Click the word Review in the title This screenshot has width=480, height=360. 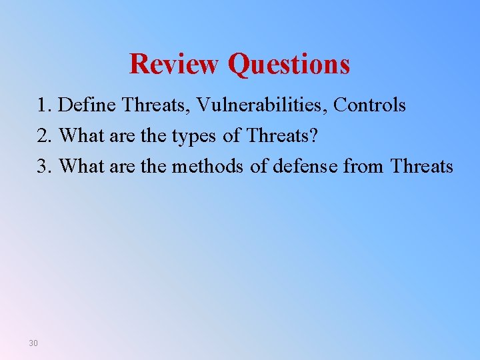point(175,64)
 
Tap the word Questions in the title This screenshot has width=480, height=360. point(288,64)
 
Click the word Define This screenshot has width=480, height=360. point(86,105)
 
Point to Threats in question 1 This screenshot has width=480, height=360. point(155,105)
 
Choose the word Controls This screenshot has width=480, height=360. point(369,105)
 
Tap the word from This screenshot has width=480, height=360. point(364,166)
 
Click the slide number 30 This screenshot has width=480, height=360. point(33,343)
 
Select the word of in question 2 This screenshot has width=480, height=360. point(231,135)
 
